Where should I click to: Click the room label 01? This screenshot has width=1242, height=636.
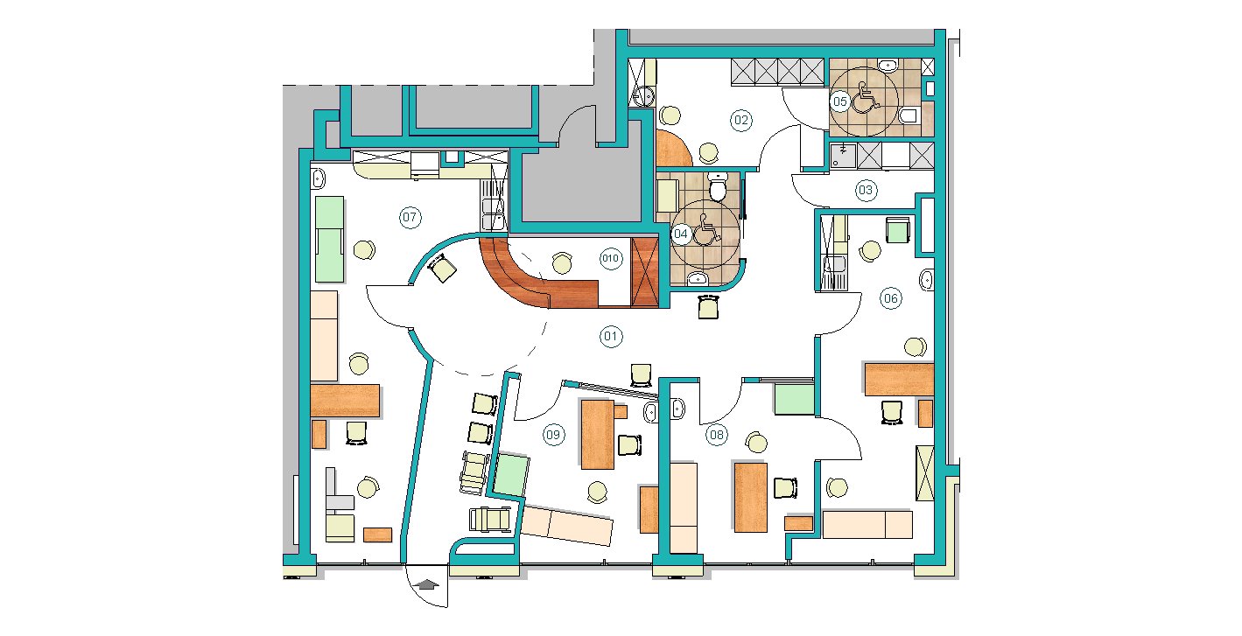point(610,336)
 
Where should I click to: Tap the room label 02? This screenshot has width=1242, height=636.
point(741,120)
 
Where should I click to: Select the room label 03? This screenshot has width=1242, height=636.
point(866,191)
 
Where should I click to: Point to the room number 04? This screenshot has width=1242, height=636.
point(681,234)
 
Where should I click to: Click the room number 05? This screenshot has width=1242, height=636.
point(840,101)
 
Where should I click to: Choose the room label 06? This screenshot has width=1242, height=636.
point(890,298)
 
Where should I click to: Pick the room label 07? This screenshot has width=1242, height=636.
point(410,217)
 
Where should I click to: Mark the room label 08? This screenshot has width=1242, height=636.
point(716,435)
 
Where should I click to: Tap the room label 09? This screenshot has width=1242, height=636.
point(553,435)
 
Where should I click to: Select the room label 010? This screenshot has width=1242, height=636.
point(610,258)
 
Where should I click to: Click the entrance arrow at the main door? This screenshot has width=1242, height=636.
point(426,584)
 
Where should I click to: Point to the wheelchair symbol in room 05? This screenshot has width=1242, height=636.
point(865,97)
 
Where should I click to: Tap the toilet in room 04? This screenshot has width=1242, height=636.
point(718,186)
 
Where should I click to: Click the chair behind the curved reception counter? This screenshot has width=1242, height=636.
point(562,262)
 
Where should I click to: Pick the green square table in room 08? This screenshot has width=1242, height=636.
point(794,399)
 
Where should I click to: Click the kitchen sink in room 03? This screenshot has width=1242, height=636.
point(843,156)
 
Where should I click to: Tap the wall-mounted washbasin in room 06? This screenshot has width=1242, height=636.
point(927,280)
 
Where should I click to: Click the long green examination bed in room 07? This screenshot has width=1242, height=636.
point(329,239)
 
